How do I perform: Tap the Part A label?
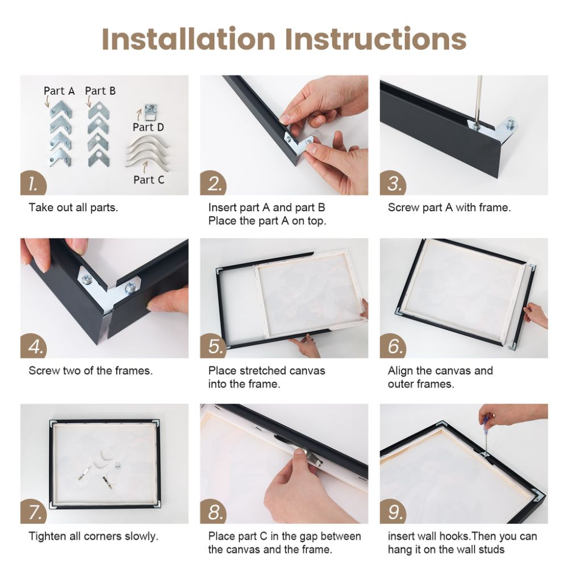[59, 90]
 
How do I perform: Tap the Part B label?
[101, 90]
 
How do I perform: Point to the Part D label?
[148, 127]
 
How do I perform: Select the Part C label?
[148, 179]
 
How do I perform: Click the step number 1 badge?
[34, 183]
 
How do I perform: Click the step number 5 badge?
[214, 346]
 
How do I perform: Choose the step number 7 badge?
[34, 512]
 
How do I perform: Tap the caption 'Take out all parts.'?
[73, 207]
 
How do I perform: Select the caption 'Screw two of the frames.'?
[90, 371]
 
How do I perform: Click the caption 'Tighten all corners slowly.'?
[93, 536]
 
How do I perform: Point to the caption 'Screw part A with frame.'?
[449, 207]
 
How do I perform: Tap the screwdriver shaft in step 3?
[478, 99]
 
